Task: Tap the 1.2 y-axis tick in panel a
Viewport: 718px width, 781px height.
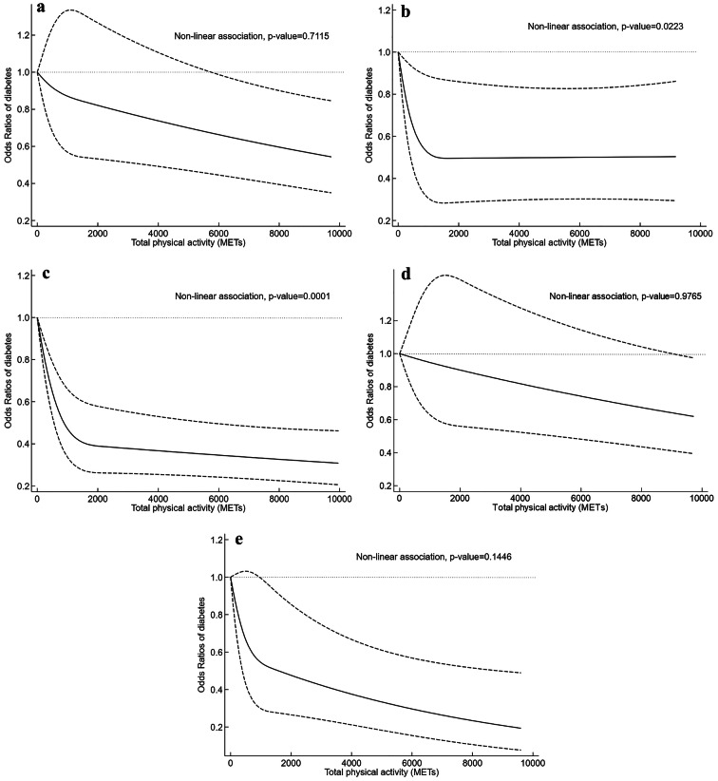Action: click(20, 36)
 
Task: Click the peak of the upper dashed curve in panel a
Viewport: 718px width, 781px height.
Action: click(70, 10)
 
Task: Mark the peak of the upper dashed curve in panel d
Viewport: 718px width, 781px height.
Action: click(443, 275)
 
